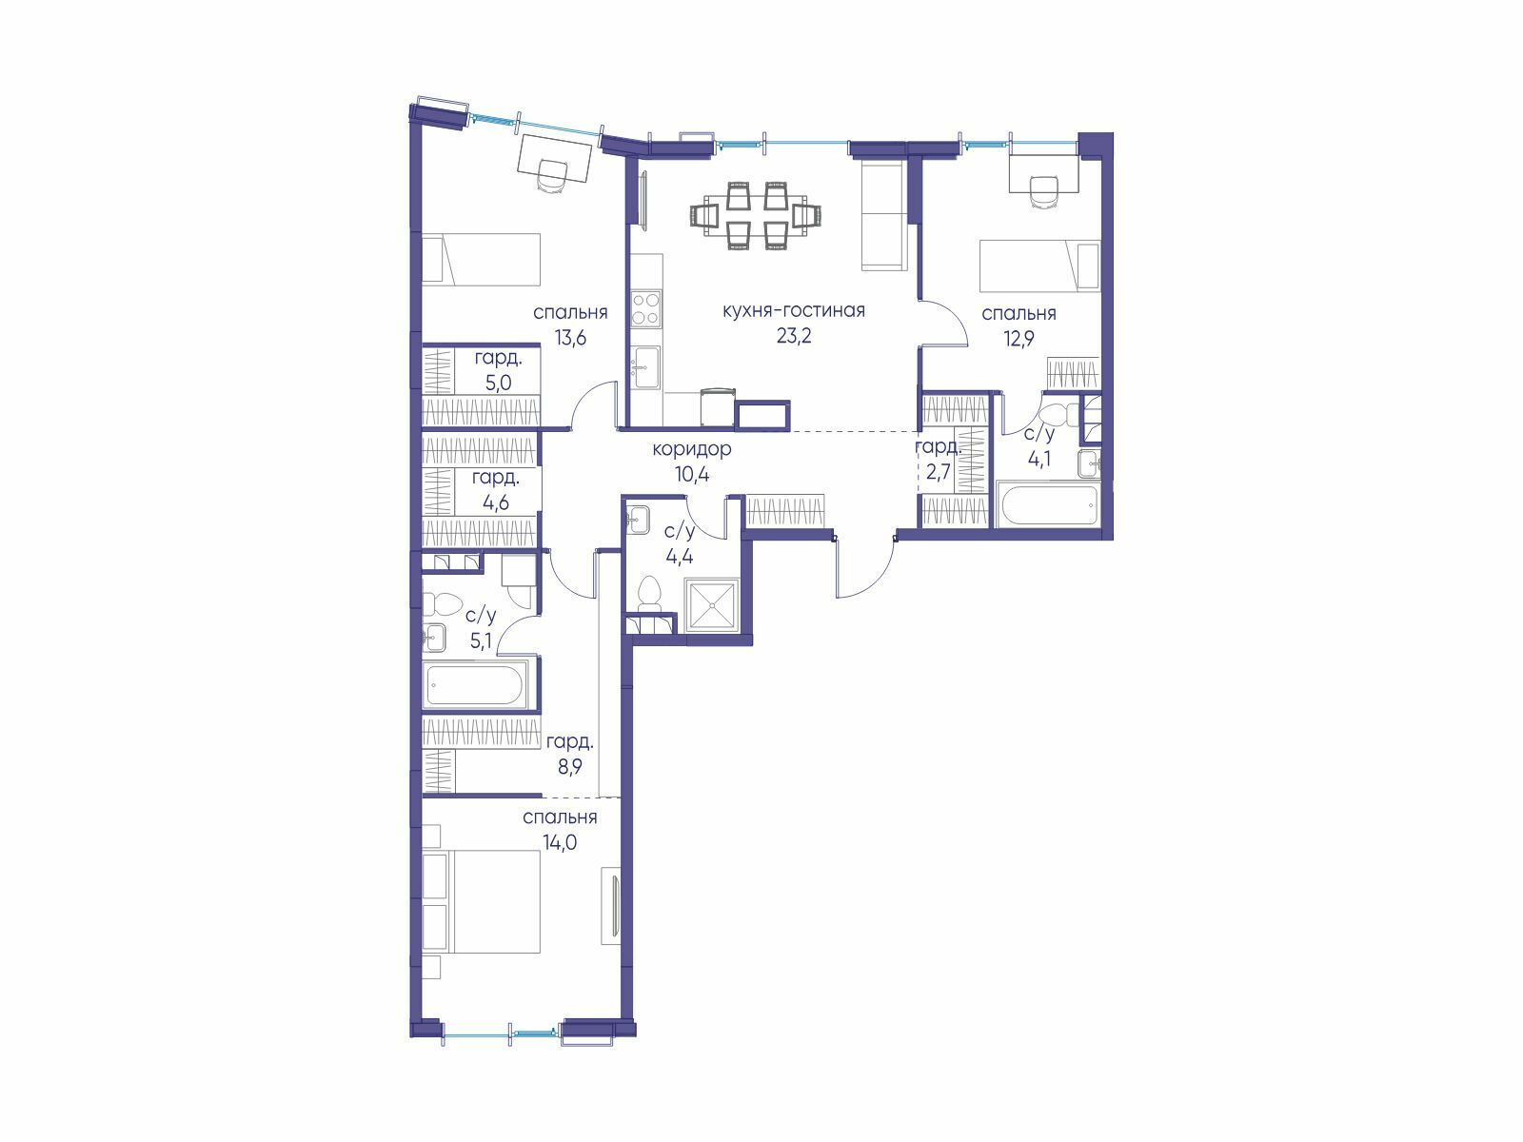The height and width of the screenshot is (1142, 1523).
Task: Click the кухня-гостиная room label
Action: click(x=794, y=310)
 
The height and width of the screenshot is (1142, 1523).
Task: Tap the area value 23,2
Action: click(x=794, y=336)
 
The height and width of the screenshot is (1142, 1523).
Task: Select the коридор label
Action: click(x=692, y=449)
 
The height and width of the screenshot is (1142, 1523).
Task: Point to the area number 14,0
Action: click(x=560, y=842)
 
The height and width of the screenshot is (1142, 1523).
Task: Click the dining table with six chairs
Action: click(x=757, y=215)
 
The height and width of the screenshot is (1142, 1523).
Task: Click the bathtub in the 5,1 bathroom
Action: click(x=475, y=684)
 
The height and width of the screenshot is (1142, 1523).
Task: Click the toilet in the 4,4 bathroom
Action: click(x=651, y=595)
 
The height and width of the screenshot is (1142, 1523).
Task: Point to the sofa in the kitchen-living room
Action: click(x=883, y=215)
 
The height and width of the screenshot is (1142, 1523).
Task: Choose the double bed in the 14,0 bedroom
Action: click(x=482, y=900)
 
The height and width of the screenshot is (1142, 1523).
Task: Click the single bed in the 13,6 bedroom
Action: click(x=482, y=259)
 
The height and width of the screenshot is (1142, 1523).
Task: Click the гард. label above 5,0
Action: click(x=498, y=358)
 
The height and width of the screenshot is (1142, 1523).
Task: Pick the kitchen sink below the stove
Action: click(x=646, y=366)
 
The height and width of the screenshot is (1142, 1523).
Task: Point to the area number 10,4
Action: click(x=692, y=475)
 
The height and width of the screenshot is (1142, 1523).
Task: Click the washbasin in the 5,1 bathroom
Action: click(x=434, y=637)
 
